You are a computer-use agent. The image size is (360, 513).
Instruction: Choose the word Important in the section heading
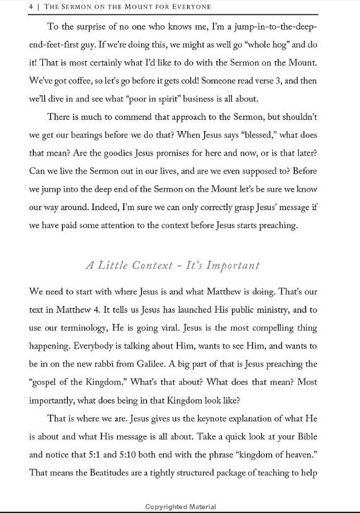[x=228, y=266]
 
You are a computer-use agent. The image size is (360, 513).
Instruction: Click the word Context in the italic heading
[x=140, y=266]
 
